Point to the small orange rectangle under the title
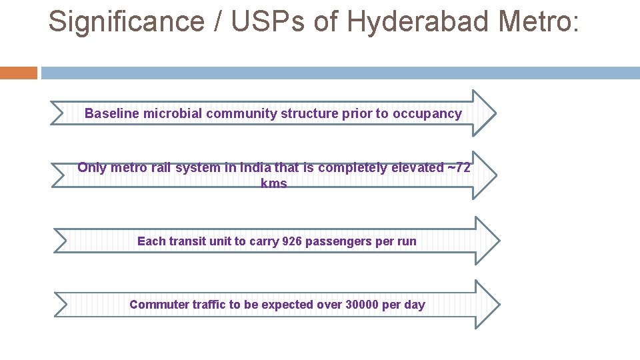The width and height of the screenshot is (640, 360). (19, 73)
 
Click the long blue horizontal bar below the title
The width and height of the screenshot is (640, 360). (340, 73)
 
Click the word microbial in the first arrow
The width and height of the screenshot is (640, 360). (171, 113)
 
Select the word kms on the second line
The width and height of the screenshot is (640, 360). (274, 183)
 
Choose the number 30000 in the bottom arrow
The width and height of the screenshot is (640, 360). (362, 305)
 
